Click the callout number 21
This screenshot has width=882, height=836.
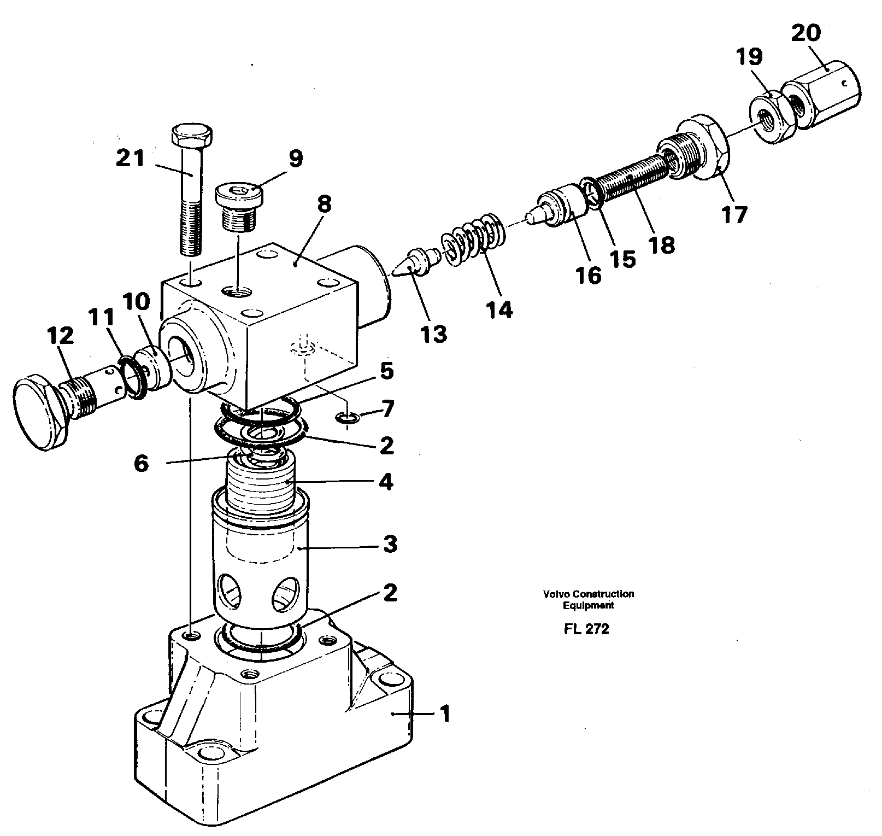pos(130,159)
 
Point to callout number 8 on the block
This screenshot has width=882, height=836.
pos(324,204)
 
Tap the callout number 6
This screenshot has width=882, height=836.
pos(141,464)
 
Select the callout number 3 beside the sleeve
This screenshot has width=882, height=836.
pos(389,545)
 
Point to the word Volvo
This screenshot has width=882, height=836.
pos(555,594)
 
